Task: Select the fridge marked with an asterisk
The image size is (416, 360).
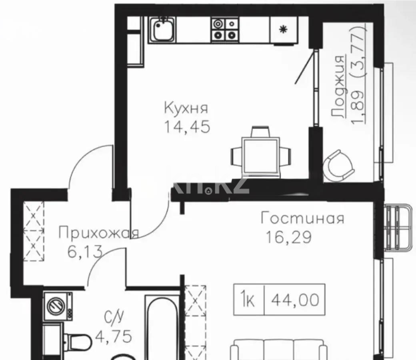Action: pyautogui.click(x=283, y=30)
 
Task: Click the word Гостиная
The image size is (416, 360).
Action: pyautogui.click(x=302, y=219)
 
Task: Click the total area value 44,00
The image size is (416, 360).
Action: pyautogui.click(x=295, y=299)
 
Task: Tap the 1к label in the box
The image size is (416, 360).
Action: pyautogui.click(x=249, y=300)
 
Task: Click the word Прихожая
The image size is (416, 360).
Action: pyautogui.click(x=98, y=233)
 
